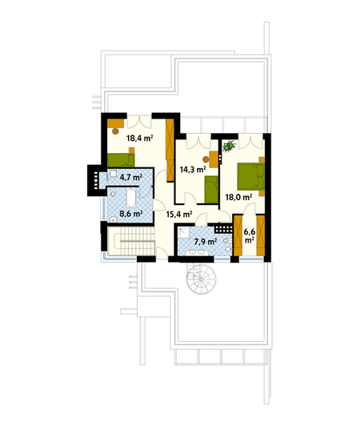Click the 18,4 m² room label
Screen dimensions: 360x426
click(x=140, y=139)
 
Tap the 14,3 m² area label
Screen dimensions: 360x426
click(x=193, y=170)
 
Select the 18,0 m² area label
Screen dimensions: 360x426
click(x=238, y=197)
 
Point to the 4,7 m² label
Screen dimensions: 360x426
click(x=131, y=178)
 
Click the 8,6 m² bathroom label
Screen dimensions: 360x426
click(x=131, y=214)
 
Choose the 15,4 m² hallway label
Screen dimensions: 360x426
click(x=179, y=215)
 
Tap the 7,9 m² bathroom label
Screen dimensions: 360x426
click(x=206, y=241)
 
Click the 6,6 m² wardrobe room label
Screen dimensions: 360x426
click(x=250, y=235)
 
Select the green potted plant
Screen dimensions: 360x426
click(x=230, y=146)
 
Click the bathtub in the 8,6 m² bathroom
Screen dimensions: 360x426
click(x=131, y=198)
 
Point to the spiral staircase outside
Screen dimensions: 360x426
click(x=201, y=278)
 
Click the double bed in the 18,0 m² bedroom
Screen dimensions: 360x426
click(x=251, y=176)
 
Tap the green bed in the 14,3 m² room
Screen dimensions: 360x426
click(x=211, y=190)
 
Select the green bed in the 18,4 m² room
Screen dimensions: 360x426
click(x=121, y=160)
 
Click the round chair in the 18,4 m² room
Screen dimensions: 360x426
click(x=116, y=131)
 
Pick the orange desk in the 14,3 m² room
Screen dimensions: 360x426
click(x=214, y=159)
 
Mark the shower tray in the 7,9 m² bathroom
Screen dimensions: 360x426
click(x=184, y=233)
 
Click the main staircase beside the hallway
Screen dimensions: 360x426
click(x=131, y=241)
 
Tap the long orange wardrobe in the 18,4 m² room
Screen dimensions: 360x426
click(x=170, y=150)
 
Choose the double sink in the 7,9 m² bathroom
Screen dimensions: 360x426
click(x=197, y=252)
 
